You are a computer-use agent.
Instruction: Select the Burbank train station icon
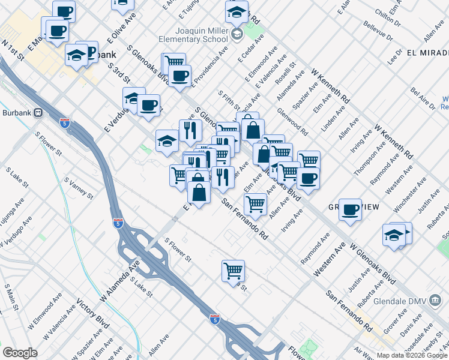click(38, 112)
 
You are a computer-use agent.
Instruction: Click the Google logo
click(20, 353)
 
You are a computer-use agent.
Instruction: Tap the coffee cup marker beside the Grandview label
click(350, 209)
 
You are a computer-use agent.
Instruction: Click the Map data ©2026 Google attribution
click(412, 355)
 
